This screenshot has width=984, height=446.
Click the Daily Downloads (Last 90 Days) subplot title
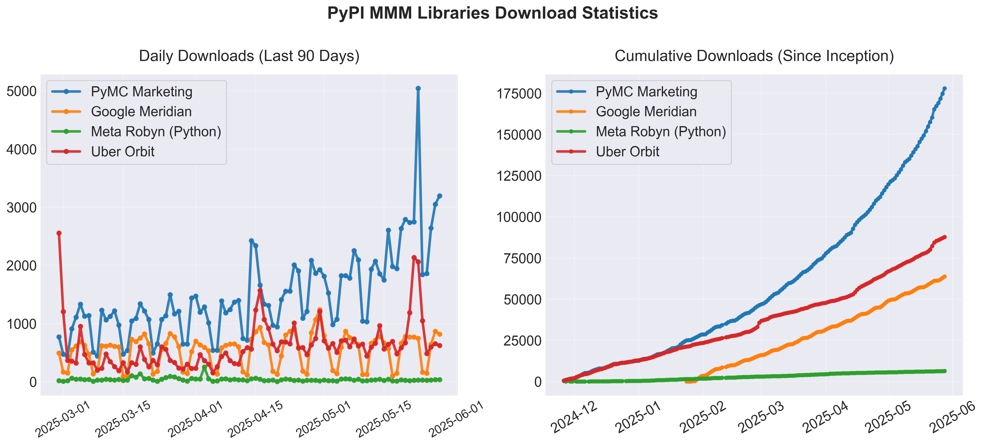click(x=249, y=56)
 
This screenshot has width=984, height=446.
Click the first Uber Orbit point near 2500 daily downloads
click(x=59, y=233)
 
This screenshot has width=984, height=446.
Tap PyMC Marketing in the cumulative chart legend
click(x=646, y=92)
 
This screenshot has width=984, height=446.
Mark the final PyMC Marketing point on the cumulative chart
click(x=945, y=89)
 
